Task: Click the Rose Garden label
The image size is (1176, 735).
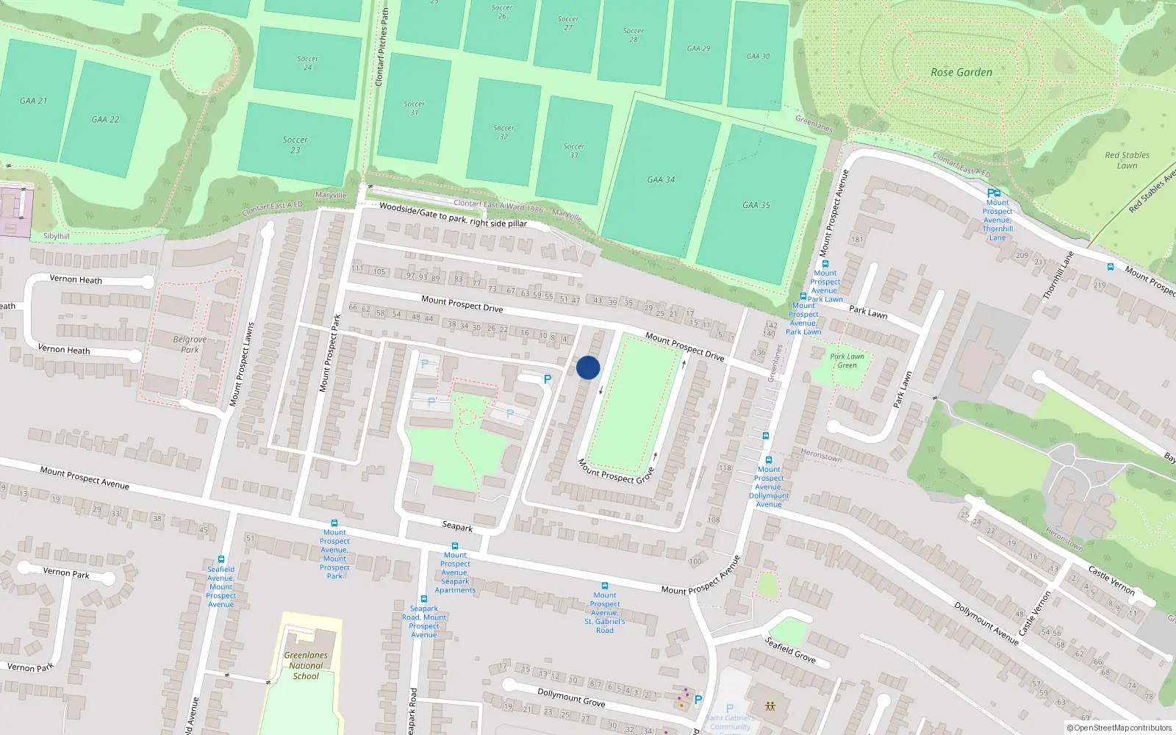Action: pos(961,72)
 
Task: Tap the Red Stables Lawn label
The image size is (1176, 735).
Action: pos(1127,160)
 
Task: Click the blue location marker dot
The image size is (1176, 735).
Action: pos(588,367)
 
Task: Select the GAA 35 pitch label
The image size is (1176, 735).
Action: pos(756,205)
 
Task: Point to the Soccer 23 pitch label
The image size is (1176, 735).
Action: pos(295,145)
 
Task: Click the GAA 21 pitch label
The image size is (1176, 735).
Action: pos(33,101)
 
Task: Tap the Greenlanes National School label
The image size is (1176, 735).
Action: pos(306,665)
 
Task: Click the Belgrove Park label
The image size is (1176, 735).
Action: pos(190,344)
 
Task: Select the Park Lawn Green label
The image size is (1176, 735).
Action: pos(847,360)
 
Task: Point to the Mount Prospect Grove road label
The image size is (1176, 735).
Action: pos(615,471)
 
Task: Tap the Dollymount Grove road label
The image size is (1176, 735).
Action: pos(571,697)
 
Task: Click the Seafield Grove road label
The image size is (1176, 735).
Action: pos(789,649)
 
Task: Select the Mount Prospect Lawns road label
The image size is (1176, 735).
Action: pos(241,365)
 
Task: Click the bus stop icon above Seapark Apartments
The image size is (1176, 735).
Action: pos(455,546)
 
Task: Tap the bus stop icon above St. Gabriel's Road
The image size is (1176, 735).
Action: pos(604,586)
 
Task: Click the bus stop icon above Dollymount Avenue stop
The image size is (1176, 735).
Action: pos(769,460)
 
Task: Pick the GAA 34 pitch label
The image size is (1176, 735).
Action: pos(661,179)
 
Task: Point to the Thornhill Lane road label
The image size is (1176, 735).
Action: pos(1058,276)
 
